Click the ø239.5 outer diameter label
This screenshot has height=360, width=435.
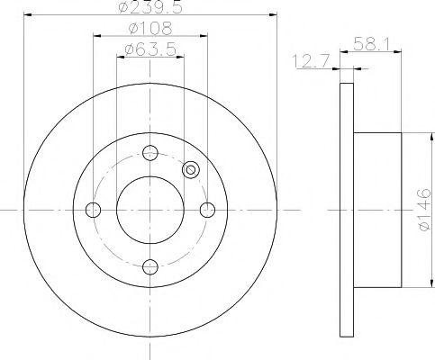tap(150, 10)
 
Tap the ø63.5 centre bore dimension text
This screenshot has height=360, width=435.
tap(150, 50)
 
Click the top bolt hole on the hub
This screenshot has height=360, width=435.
tap(150, 153)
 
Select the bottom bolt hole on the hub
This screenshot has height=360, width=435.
tap(150, 266)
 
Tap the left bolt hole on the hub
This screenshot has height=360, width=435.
tap(93, 210)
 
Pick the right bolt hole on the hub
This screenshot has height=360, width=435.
tap(207, 210)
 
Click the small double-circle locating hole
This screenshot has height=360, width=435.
tap(190, 169)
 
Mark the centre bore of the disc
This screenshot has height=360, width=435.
tap(150, 210)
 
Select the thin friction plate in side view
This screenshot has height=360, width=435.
tap(346, 210)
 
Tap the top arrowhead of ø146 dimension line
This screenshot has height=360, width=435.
tap(415, 135)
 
